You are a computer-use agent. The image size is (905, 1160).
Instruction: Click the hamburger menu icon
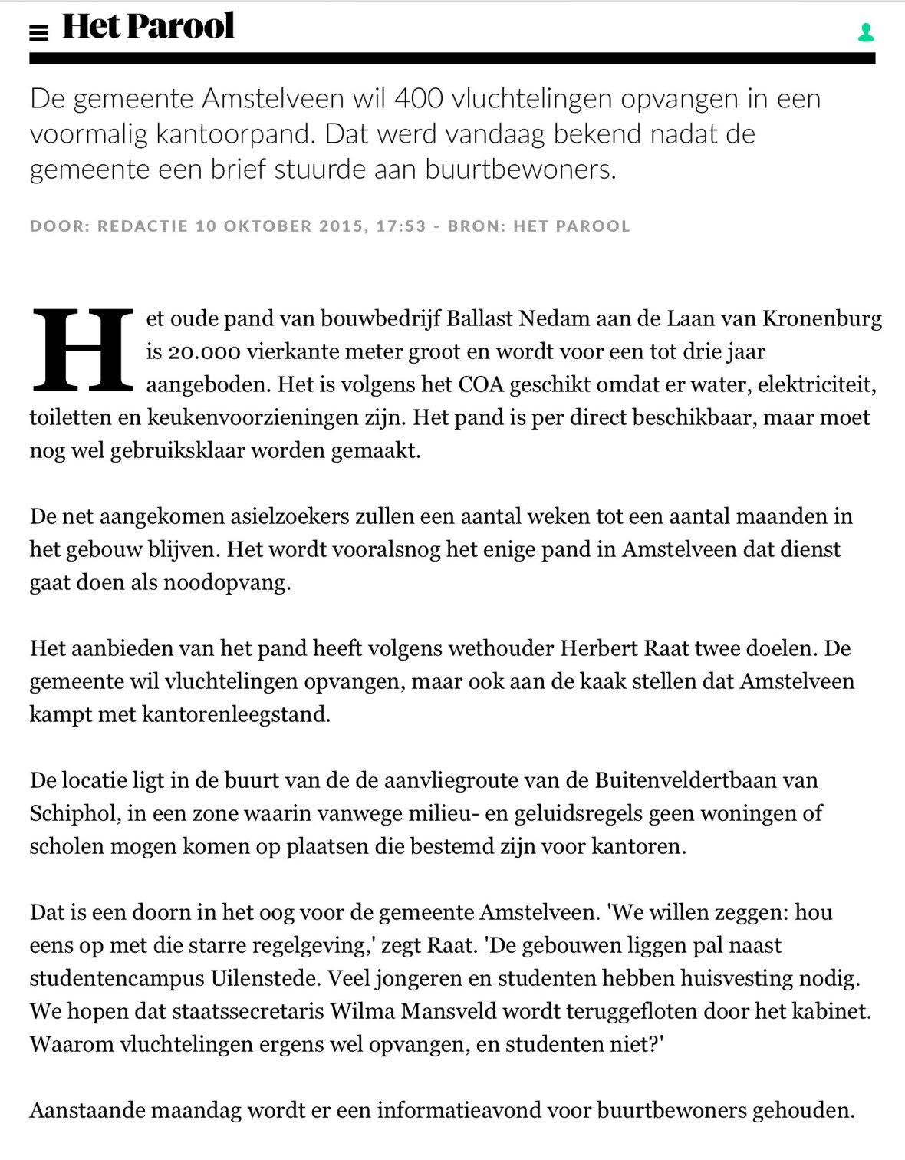[x=38, y=32]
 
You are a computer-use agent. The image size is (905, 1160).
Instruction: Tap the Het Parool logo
[x=148, y=27]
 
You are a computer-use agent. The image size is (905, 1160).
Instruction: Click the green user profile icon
[x=866, y=32]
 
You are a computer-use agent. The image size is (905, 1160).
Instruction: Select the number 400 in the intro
[x=419, y=99]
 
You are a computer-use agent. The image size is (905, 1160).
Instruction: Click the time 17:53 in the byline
[x=400, y=226]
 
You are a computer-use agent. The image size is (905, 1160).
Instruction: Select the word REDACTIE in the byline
[x=143, y=226]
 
